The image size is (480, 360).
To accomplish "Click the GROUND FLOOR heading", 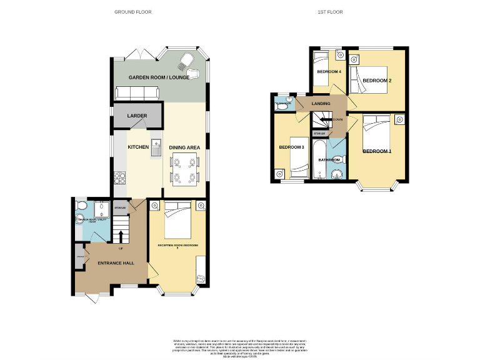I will click(x=132, y=12).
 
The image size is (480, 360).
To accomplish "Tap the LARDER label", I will click(x=137, y=116).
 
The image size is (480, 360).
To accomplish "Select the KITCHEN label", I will click(x=138, y=147).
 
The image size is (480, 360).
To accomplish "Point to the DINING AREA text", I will click(x=184, y=147).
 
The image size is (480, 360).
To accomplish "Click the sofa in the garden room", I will click(x=137, y=93).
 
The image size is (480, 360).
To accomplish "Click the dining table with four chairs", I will click(x=185, y=170).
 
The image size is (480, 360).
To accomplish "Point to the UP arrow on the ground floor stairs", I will click(x=119, y=236).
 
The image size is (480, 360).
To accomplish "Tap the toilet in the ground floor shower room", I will click(x=79, y=207).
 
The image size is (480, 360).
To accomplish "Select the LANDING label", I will click(x=321, y=104).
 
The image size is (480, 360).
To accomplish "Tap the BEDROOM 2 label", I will click(x=377, y=81).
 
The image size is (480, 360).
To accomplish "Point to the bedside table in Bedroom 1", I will click(x=398, y=119).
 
